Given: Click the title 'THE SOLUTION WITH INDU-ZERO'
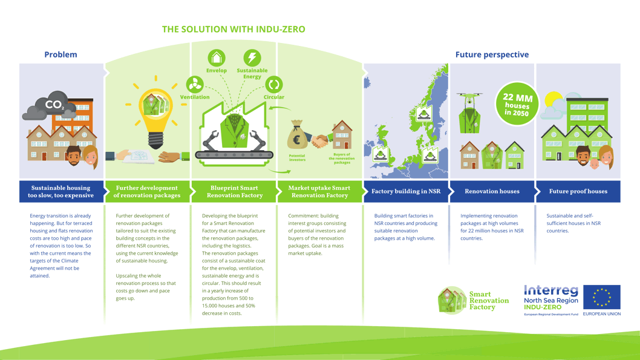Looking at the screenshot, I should [233, 29].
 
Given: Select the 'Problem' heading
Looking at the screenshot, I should [60, 54].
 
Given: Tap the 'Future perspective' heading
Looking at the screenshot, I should [492, 54].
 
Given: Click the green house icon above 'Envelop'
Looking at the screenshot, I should [216, 58].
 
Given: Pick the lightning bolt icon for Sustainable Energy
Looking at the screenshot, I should [252, 58].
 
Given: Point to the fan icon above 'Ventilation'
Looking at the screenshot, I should [194, 85].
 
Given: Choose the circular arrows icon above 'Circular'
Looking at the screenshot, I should [273, 85].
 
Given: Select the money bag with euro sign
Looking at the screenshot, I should [297, 136].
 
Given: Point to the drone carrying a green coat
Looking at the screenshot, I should [469, 113].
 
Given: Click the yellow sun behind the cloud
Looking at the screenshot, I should [553, 100].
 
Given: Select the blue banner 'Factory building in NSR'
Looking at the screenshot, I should [406, 191].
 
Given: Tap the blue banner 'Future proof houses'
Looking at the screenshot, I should [578, 191].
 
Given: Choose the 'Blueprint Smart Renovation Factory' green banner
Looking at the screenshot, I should [234, 191].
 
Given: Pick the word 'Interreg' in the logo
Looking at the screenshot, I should [550, 291].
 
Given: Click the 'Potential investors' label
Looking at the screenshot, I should [297, 157].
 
